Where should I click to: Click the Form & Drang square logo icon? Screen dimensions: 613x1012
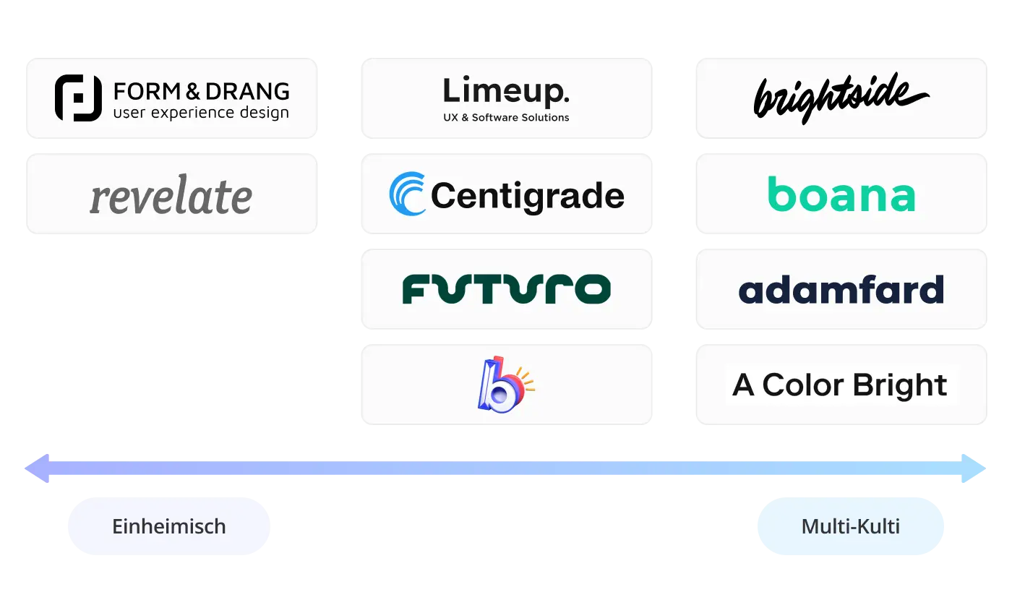tap(78, 98)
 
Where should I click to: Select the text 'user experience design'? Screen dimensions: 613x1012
tap(201, 113)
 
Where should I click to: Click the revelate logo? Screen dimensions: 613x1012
tap(171, 195)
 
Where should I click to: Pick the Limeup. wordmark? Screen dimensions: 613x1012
tap(506, 92)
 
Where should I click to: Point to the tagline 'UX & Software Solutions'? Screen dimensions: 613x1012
tap(506, 117)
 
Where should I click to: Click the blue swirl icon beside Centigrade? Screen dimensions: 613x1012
tap(408, 194)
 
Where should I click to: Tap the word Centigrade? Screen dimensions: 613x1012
tap(527, 196)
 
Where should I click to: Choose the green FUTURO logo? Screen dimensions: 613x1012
tap(506, 288)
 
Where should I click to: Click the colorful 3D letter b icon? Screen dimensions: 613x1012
tap(503, 384)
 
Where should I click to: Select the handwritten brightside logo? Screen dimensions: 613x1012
tap(841, 98)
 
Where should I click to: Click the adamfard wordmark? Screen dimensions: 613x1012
tap(841, 289)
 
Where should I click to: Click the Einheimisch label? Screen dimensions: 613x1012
tap(168, 526)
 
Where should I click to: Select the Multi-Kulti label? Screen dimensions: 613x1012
tap(851, 526)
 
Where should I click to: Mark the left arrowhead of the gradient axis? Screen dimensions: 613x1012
tap(36, 468)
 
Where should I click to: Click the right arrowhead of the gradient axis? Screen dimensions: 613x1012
tap(976, 468)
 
